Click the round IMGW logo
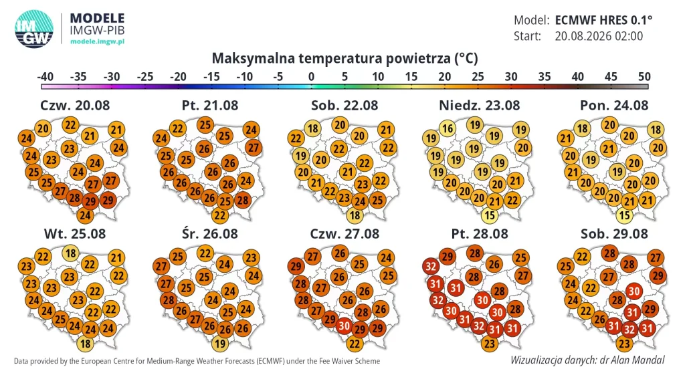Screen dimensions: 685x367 34,29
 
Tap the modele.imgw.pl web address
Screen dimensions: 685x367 97,41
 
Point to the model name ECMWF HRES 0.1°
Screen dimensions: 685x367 603,20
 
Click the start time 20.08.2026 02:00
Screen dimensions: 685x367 599,36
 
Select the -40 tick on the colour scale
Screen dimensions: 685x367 45,77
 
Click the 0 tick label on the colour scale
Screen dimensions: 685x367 311,77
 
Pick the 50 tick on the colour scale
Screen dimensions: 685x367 644,77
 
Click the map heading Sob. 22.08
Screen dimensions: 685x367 345,105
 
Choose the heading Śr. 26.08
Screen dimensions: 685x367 209,233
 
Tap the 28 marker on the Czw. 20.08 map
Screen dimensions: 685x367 74,198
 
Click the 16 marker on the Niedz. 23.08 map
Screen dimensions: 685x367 448,128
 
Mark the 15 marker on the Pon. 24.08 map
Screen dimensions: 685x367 624,215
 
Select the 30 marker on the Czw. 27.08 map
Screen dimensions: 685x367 344,326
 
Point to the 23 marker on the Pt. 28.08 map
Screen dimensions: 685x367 489,344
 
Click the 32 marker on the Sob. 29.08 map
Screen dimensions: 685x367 629,329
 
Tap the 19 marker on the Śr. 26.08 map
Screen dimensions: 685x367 219,344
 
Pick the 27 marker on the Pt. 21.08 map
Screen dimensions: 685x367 254,148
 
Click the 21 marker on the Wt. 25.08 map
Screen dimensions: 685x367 116,257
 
